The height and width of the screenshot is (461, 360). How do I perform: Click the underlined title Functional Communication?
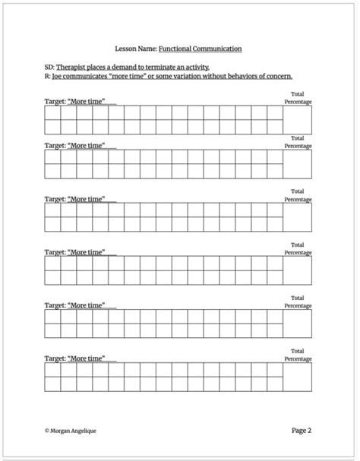pos(201,49)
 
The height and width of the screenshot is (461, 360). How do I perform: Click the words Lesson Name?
pos(137,49)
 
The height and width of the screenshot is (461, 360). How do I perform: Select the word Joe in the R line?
pos(58,76)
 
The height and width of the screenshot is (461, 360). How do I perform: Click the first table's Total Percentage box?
pos(298,119)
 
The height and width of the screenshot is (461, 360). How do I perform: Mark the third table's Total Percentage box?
pos(298,218)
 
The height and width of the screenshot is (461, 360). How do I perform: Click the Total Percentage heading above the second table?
pos(298,142)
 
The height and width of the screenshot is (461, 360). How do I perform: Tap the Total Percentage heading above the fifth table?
pos(298,302)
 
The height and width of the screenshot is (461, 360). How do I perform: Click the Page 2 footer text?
pos(302,430)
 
